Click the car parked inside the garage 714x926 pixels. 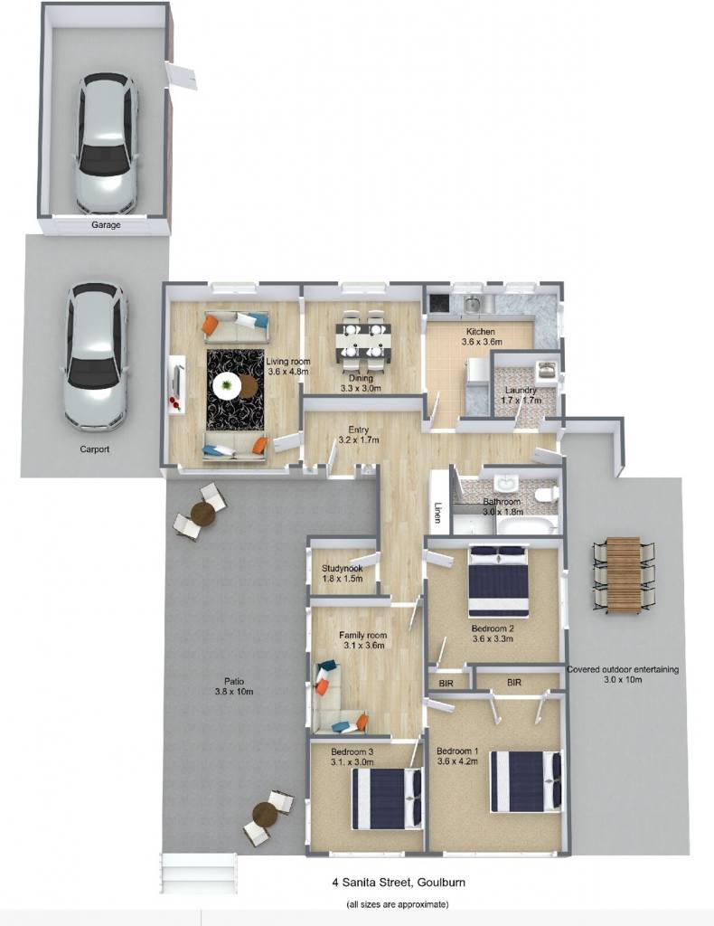click(x=107, y=144)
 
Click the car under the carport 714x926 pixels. click(x=96, y=356)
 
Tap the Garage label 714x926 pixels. click(x=107, y=225)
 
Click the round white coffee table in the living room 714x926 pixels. click(x=227, y=385)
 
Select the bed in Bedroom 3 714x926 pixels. click(x=388, y=798)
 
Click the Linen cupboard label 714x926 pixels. click(x=437, y=512)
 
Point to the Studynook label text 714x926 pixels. click(x=343, y=569)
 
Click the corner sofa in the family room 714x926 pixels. click(x=337, y=700)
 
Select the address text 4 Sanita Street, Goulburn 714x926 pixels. click(x=399, y=883)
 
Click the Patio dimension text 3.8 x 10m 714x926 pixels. click(x=234, y=692)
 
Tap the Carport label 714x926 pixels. click(x=94, y=449)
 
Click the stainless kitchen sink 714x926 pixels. click(x=472, y=304)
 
